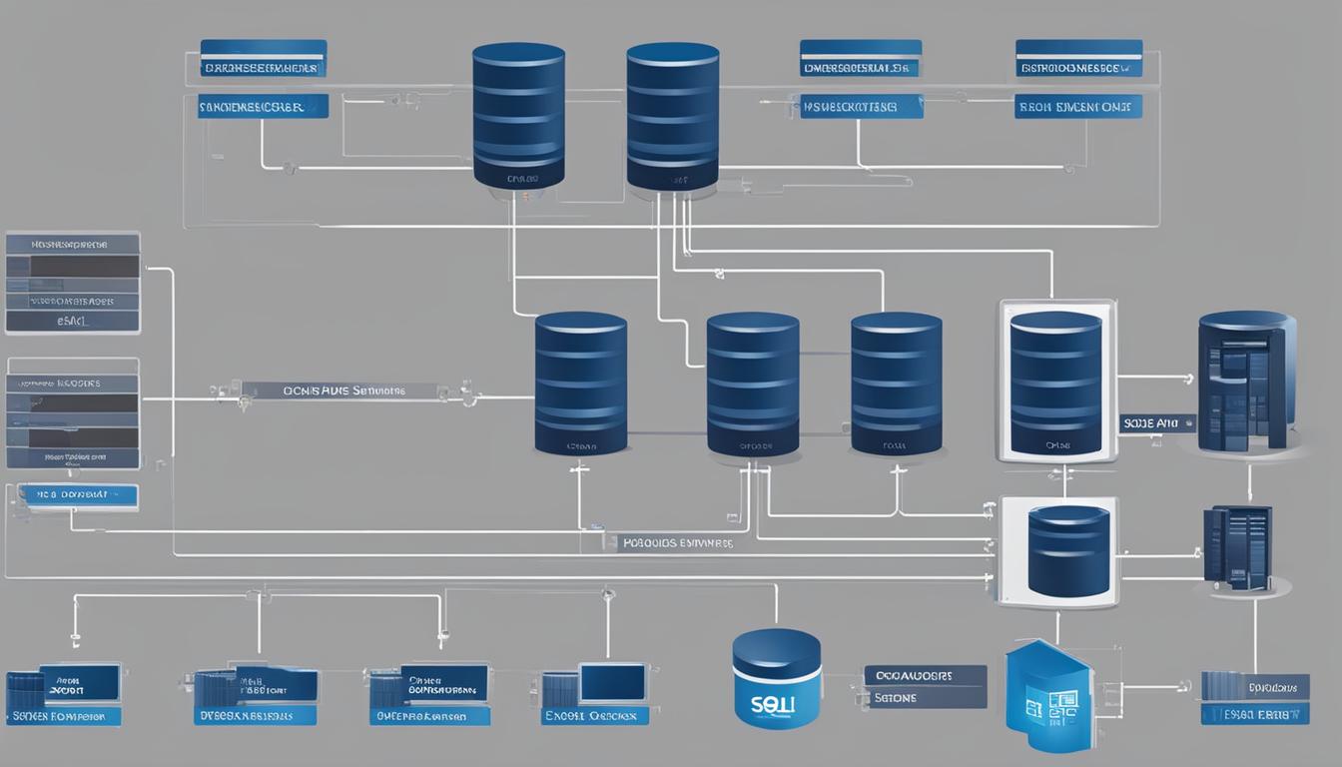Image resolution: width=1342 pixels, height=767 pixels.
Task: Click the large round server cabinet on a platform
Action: (1246, 382)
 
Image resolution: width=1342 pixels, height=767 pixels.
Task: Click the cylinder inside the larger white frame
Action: (1056, 382)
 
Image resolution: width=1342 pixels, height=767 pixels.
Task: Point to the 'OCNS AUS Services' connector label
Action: (345, 391)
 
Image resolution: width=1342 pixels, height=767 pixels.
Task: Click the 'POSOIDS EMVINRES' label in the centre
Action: (677, 544)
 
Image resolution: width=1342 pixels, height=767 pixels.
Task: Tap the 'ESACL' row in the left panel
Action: (72, 322)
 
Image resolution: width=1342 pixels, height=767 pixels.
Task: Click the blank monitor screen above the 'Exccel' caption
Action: (612, 682)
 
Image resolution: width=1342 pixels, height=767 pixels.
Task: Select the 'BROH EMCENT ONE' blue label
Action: (1078, 107)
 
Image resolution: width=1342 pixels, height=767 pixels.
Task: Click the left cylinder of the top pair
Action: (519, 115)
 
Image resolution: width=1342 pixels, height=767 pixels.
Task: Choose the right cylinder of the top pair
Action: (673, 115)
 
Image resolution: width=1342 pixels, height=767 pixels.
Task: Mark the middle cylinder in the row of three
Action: (753, 384)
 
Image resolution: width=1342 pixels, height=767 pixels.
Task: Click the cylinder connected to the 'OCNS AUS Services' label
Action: (581, 384)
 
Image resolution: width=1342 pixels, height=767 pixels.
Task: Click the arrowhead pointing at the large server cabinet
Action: (1187, 379)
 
